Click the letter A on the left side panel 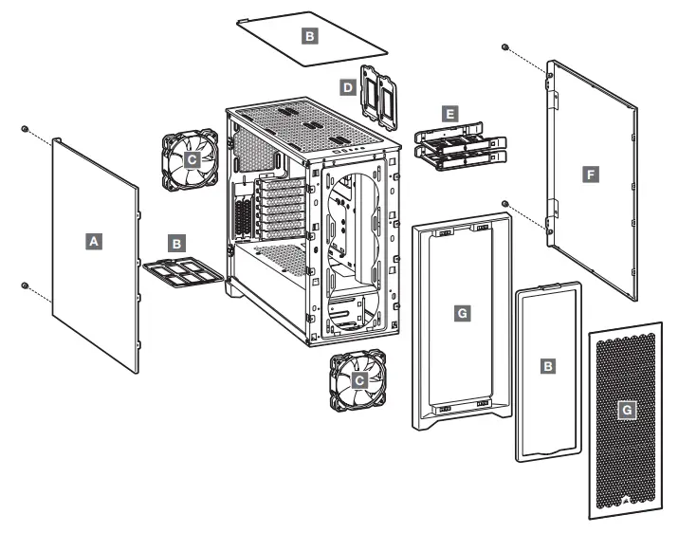(93, 242)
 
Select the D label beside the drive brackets (348, 86)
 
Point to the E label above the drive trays (449, 113)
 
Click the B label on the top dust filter (309, 36)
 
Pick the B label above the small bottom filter (175, 242)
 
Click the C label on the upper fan (192, 160)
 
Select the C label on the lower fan (358, 378)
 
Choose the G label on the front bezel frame (462, 311)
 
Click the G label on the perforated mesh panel (625, 409)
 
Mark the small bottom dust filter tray (183, 274)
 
